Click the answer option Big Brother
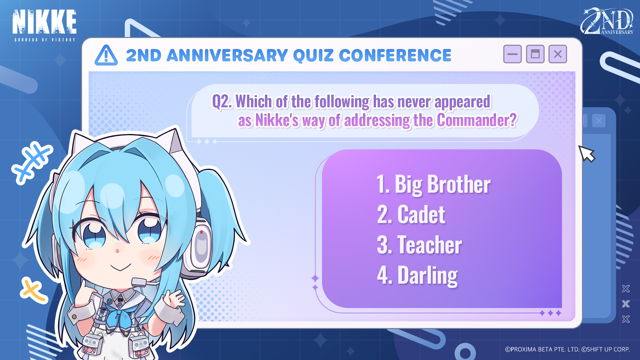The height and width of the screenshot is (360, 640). tap(433, 184)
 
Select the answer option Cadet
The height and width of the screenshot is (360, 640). tap(411, 214)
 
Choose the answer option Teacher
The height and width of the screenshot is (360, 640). tap(419, 245)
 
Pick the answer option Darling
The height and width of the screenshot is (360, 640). tap(417, 275)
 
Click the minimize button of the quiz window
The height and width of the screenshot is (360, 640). tap(512, 54)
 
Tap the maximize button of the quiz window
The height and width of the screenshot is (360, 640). tap(535, 54)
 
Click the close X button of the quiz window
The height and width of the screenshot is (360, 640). tap(558, 54)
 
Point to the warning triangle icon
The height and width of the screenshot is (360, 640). tap(106, 55)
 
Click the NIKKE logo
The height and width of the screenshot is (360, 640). tap(44, 25)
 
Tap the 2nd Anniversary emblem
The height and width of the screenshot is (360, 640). tap(607, 21)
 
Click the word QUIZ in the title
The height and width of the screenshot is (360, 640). tap(313, 55)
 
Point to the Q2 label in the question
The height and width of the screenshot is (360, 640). tap(222, 102)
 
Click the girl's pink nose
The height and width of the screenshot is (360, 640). tap(117, 251)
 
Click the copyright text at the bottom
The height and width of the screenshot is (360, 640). tap(567, 349)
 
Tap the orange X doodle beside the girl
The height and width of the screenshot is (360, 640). tap(33, 290)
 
